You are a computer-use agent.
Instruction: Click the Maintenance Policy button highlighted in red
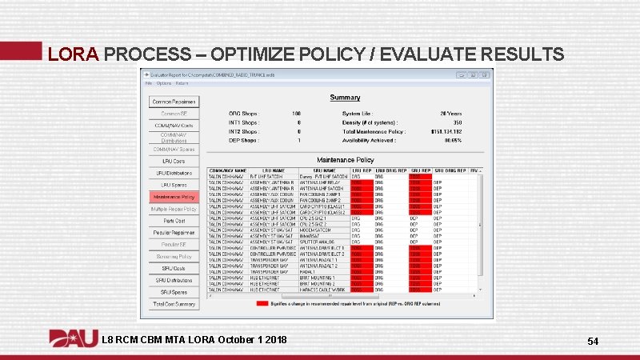(x=173, y=197)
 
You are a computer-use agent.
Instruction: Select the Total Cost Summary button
(x=173, y=304)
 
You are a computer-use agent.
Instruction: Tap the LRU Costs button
(x=173, y=161)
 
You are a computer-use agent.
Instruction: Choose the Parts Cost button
(x=173, y=221)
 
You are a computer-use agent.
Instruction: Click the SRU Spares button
(x=173, y=292)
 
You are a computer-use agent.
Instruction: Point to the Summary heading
(x=345, y=98)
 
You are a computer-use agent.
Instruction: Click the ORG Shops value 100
(x=296, y=114)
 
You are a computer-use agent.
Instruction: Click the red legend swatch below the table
(x=262, y=303)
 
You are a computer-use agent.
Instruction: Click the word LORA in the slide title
(x=73, y=54)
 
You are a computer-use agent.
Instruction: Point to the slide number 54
(x=593, y=342)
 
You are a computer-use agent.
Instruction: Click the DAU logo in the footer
(x=73, y=340)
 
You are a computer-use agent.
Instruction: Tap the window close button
(x=484, y=74)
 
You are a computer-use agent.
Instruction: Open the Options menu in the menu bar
(x=163, y=82)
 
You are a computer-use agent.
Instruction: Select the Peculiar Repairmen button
(x=173, y=233)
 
